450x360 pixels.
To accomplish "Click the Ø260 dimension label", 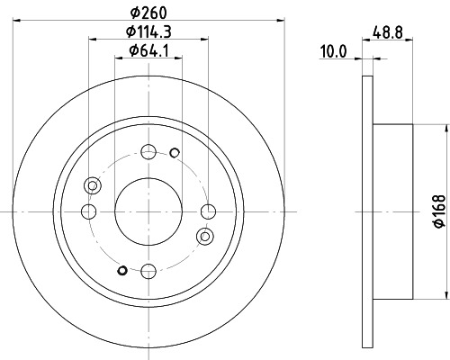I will point(149,13).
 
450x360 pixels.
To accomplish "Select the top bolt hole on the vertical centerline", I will point(148,151).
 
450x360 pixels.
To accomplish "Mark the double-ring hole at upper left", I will point(92,185).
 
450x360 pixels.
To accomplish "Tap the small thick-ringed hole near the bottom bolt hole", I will point(122,269).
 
